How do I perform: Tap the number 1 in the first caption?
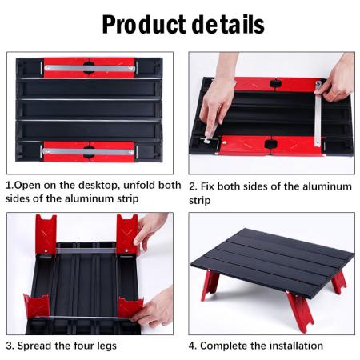click(x=10, y=185)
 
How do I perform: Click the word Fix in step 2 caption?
click(x=210, y=186)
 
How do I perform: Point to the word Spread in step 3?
click(x=38, y=346)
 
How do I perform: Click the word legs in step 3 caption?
click(x=104, y=346)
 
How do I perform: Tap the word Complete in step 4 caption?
click(x=225, y=346)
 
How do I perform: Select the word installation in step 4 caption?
click(x=295, y=346)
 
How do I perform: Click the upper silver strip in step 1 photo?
click(x=89, y=69)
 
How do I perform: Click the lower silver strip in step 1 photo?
click(x=89, y=150)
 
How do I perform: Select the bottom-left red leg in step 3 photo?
click(x=37, y=308)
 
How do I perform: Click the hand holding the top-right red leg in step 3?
click(x=152, y=229)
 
